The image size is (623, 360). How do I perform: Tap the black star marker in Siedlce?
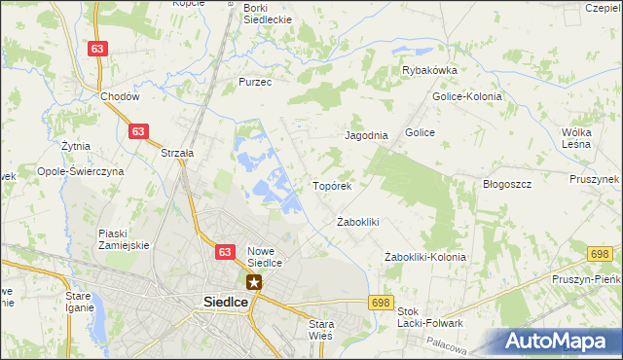[254, 283]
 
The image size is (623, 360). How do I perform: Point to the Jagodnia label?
[366, 136]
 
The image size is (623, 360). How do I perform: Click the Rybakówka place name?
[430, 70]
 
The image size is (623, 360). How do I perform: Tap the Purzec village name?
[255, 83]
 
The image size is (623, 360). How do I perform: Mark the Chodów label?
[121, 96]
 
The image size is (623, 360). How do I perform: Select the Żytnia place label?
[75, 146]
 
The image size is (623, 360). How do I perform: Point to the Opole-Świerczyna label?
[81, 170]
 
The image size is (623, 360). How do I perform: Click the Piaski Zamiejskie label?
[124, 238]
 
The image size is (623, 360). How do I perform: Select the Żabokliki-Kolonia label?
[425, 257]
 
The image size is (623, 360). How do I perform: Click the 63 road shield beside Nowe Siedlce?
[226, 252]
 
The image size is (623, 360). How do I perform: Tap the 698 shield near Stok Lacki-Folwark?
[381, 303]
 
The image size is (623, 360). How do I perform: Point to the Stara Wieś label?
[320, 329]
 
